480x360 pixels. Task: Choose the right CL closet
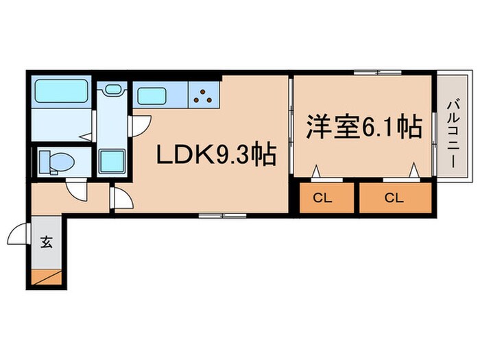point(393,198)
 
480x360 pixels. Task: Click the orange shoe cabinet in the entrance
point(48,278)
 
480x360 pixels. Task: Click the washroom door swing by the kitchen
point(141,123)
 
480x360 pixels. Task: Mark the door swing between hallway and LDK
point(121,200)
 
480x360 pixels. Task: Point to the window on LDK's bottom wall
point(222,216)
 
